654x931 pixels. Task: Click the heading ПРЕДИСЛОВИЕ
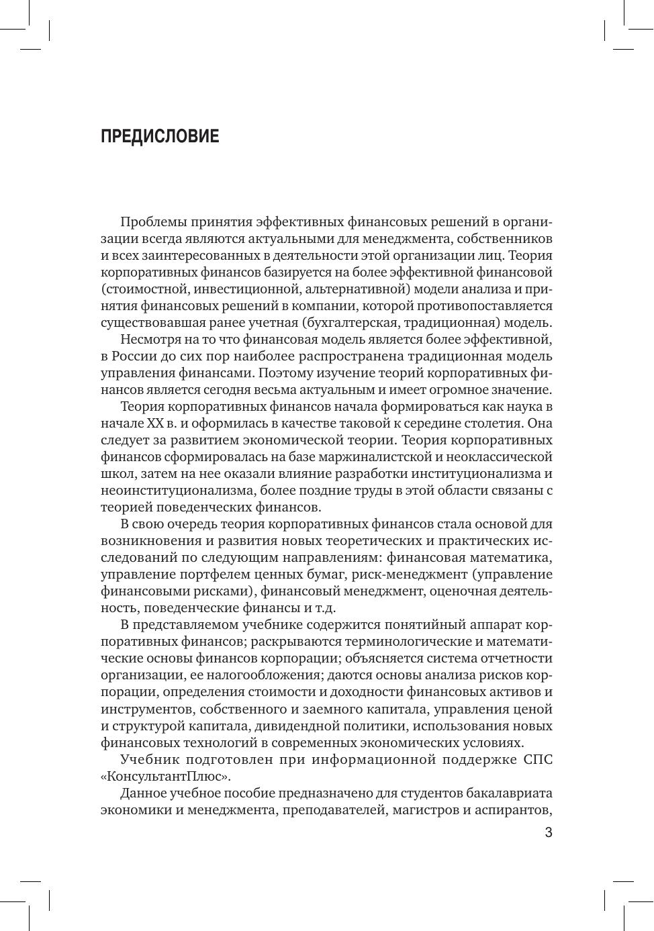click(x=160, y=136)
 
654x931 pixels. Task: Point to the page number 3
click(x=548, y=833)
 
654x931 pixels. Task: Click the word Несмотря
click(x=150, y=340)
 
